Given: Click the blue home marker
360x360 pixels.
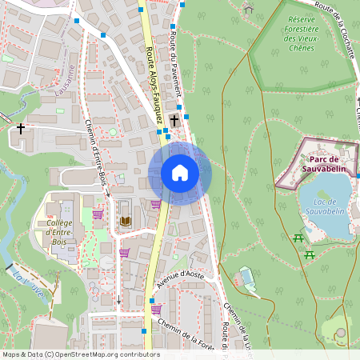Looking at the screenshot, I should pyautogui.click(x=180, y=173).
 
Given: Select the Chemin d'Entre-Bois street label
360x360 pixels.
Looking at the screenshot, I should pyautogui.click(x=95, y=157).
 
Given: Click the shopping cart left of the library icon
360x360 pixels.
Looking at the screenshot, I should pyautogui.click(x=98, y=214).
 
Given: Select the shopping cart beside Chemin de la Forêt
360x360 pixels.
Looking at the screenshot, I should pyautogui.click(x=156, y=309).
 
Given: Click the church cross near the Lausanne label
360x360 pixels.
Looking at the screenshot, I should pyautogui.click(x=21, y=127).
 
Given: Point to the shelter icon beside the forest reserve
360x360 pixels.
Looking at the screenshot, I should pyautogui.click(x=248, y=9).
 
